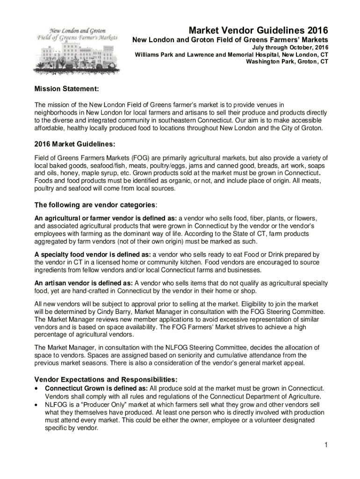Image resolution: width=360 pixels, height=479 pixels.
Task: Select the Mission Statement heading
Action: click(x=66, y=89)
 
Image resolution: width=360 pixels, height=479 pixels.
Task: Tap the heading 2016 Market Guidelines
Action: click(x=74, y=143)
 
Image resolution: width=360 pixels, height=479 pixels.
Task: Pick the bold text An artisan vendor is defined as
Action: click(x=84, y=283)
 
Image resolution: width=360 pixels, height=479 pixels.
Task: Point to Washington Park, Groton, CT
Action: click(x=283, y=61)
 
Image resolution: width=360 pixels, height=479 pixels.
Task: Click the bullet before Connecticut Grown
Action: click(x=37, y=389)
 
